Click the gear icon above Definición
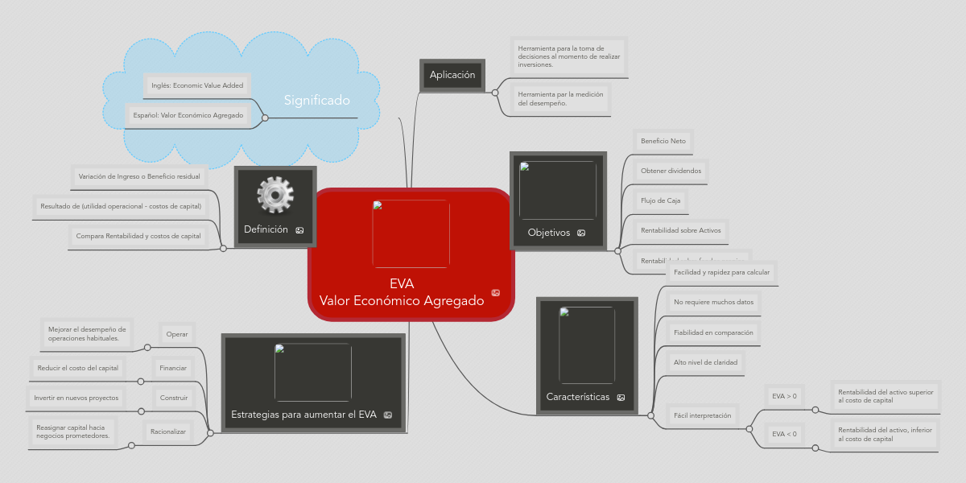[x=275, y=196]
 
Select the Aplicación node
[x=452, y=75]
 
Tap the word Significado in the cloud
[x=316, y=101]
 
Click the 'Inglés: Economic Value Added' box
[x=197, y=85]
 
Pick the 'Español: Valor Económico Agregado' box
[x=188, y=115]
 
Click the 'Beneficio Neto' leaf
[x=663, y=141]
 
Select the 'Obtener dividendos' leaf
[x=671, y=171]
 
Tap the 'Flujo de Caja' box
[x=660, y=200]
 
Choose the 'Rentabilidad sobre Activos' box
[x=681, y=231]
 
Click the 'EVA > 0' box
[x=784, y=396]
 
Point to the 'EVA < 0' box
[x=784, y=434]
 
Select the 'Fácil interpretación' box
[x=702, y=415]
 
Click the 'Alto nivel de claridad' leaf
[x=705, y=362]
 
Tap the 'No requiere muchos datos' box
[x=713, y=302]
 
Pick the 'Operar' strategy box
[x=176, y=334]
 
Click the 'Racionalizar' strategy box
[x=168, y=432]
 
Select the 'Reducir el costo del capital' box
[x=78, y=368]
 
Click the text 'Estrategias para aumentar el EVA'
[x=303, y=415]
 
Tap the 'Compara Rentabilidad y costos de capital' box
[x=138, y=236]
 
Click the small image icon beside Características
[x=621, y=398]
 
